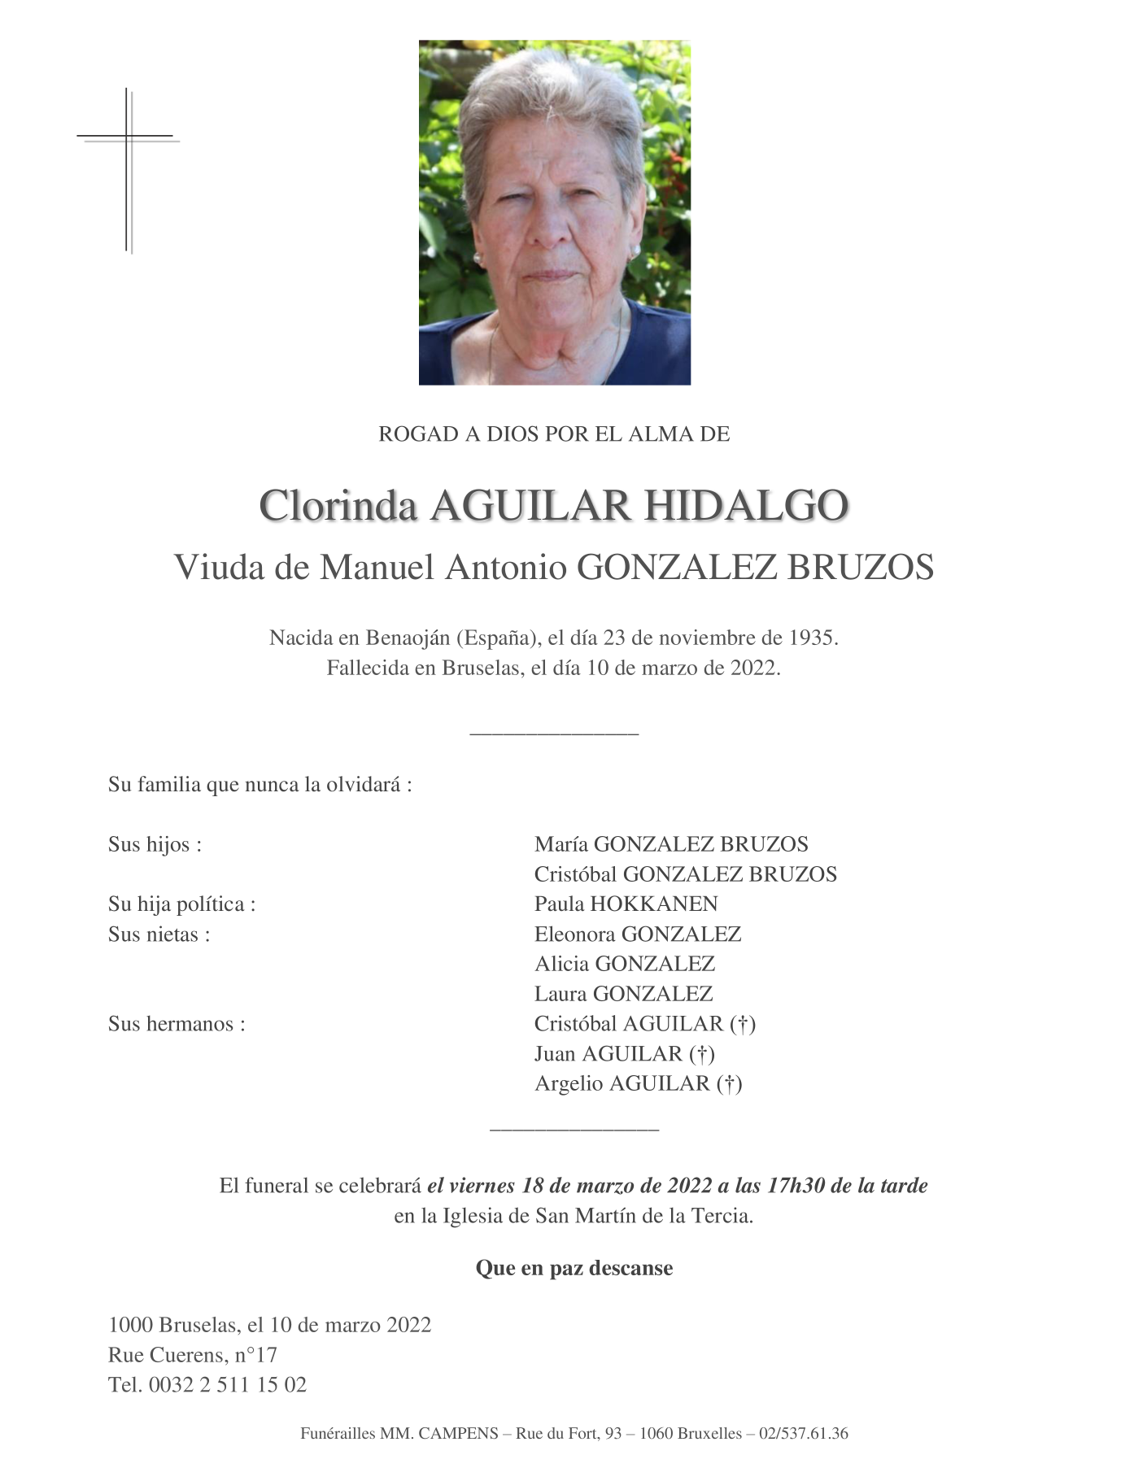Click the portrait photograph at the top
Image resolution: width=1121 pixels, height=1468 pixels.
554,212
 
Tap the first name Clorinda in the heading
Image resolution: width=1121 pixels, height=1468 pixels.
338,506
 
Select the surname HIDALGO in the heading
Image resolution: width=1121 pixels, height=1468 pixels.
746,506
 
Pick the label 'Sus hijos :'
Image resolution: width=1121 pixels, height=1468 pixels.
155,844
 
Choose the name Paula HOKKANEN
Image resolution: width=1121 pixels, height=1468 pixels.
626,904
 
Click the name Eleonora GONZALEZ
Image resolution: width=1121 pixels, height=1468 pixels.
637,934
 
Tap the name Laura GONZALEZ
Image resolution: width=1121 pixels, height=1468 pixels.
623,993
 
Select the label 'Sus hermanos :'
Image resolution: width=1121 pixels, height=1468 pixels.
177,1023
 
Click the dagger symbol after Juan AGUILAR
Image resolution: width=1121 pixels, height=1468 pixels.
702,1054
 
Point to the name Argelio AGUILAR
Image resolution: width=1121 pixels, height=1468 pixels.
622,1083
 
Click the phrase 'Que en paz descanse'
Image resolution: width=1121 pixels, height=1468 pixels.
574,1268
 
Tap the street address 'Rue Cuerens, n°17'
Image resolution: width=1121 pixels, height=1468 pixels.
193,1355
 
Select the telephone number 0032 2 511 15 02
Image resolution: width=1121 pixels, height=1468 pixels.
227,1385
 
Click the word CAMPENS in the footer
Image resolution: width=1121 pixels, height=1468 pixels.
458,1434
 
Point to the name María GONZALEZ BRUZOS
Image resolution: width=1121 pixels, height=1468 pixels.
671,844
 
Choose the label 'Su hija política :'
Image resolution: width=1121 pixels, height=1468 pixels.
181,904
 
